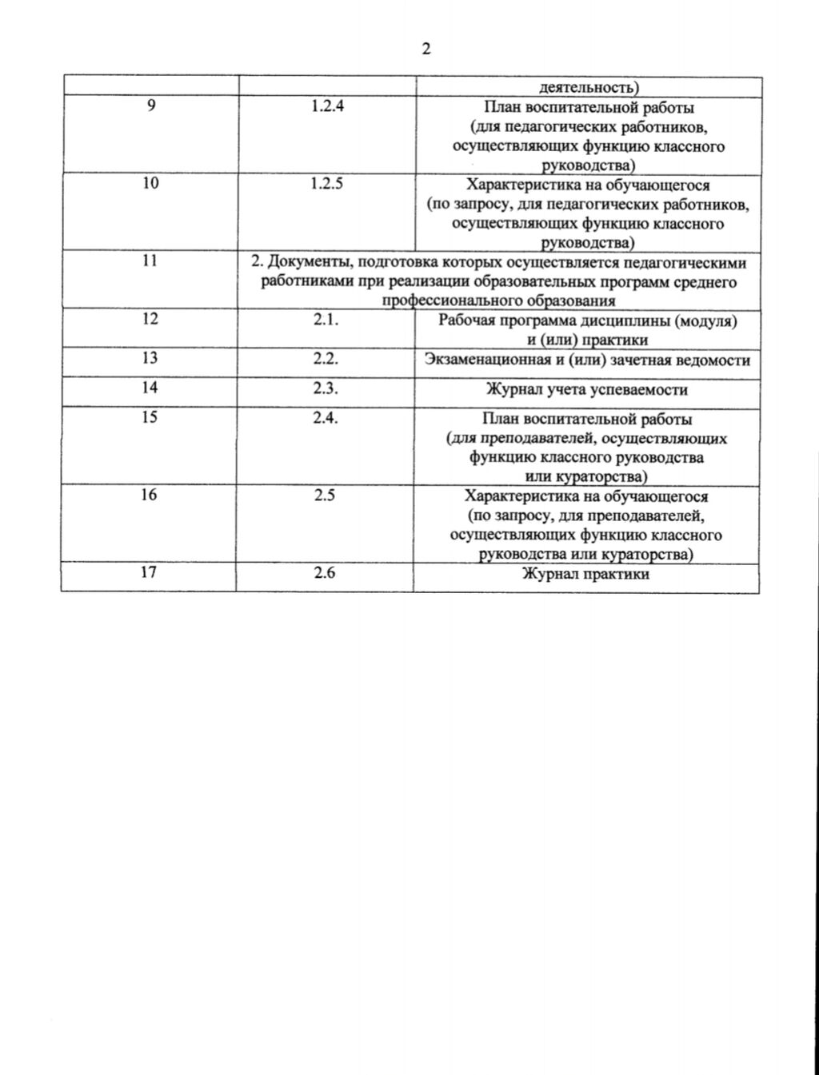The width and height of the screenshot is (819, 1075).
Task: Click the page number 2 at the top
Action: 425,49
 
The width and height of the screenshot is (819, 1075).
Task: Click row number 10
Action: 150,183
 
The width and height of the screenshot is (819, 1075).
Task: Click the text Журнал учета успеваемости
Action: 587,390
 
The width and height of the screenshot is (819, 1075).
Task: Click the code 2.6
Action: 325,572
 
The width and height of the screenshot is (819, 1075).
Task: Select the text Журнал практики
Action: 586,574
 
